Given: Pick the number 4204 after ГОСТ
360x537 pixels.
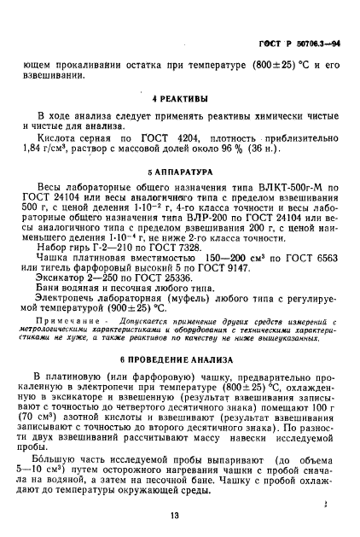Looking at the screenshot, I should [193, 136].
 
